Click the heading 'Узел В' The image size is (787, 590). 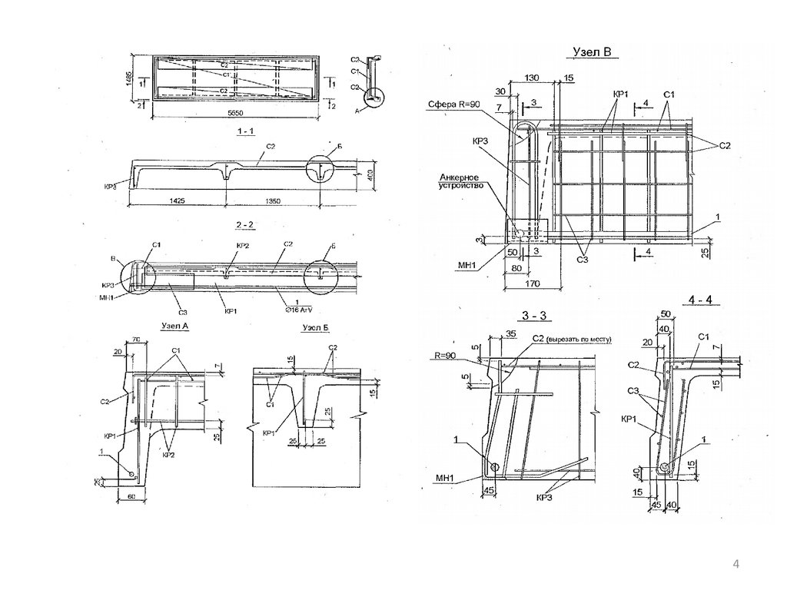(x=590, y=53)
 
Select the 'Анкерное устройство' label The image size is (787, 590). (x=459, y=181)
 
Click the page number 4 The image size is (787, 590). (x=736, y=565)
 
